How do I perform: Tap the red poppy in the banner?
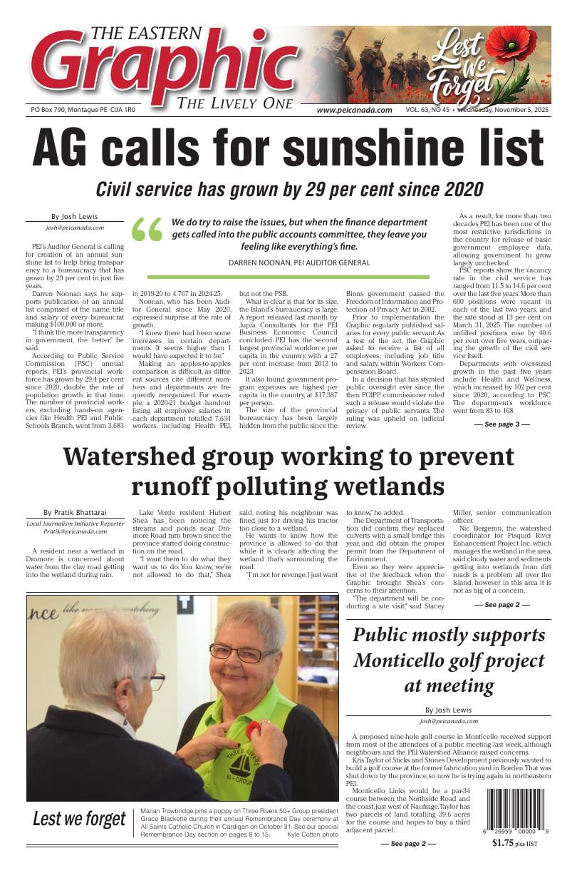click(511, 45)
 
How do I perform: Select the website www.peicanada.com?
click(354, 110)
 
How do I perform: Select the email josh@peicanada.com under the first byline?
click(75, 228)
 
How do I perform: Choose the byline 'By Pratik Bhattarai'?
click(74, 513)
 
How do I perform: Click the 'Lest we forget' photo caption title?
click(79, 820)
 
